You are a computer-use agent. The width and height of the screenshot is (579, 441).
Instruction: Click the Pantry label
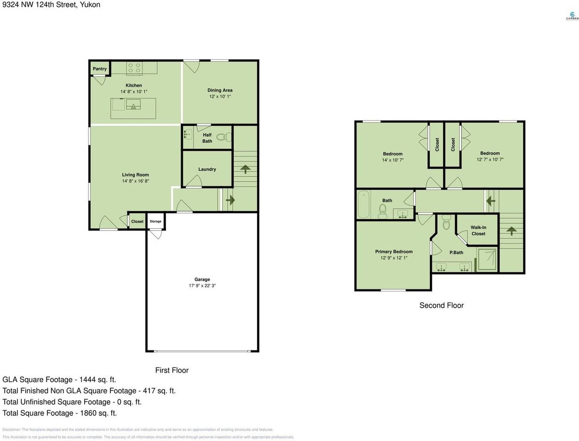pos(100,69)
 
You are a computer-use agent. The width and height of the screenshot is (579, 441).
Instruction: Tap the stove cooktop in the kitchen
pos(134,68)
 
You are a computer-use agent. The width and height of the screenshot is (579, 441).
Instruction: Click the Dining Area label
pos(220,90)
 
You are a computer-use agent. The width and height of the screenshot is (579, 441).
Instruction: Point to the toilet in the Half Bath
pos(223,136)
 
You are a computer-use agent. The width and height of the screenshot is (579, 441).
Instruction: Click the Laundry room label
pos(207,170)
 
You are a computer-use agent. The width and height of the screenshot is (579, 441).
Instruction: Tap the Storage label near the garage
pos(155,221)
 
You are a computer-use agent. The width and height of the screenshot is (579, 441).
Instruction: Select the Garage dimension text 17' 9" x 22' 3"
pos(202,286)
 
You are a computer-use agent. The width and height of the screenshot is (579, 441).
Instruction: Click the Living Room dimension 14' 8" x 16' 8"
pos(135,181)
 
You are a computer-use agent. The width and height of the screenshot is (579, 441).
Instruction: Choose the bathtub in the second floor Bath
pos(364,204)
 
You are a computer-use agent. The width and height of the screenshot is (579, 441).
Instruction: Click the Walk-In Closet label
pos(478,231)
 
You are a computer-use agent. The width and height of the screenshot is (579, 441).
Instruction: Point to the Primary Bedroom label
pos(394,252)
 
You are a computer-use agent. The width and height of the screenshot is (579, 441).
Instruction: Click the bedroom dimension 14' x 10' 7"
pos(392,160)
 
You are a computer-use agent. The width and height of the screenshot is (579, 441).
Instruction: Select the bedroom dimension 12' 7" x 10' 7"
pos(490,160)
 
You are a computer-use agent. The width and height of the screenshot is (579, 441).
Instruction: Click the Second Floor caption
pos(441,305)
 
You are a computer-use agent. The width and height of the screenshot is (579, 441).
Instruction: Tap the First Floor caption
pos(172,370)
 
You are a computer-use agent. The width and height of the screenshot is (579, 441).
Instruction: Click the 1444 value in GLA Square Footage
pos(88,380)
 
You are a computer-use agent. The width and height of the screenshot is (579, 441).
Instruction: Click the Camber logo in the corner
pos(572,16)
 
